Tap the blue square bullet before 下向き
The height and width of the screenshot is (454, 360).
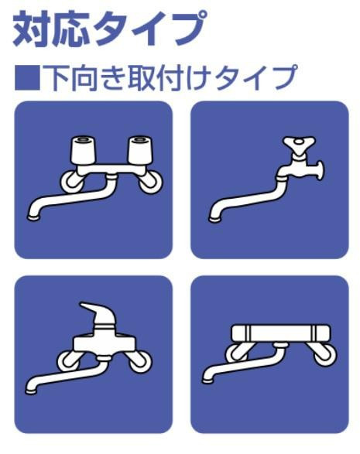click(x=27, y=77)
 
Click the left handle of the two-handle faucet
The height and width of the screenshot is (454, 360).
click(x=83, y=150)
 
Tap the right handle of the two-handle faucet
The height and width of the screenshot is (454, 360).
click(x=140, y=150)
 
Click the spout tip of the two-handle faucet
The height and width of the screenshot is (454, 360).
click(x=33, y=217)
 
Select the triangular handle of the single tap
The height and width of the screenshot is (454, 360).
click(x=300, y=143)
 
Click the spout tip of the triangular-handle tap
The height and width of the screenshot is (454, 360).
click(x=215, y=219)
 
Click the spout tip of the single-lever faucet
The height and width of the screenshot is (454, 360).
click(x=31, y=391)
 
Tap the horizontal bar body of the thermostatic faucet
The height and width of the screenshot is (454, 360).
click(x=280, y=333)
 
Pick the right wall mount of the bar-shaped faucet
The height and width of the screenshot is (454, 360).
click(x=324, y=353)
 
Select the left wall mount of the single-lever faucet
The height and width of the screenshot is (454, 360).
click(x=69, y=360)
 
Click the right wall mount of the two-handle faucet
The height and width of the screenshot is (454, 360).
click(x=150, y=182)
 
